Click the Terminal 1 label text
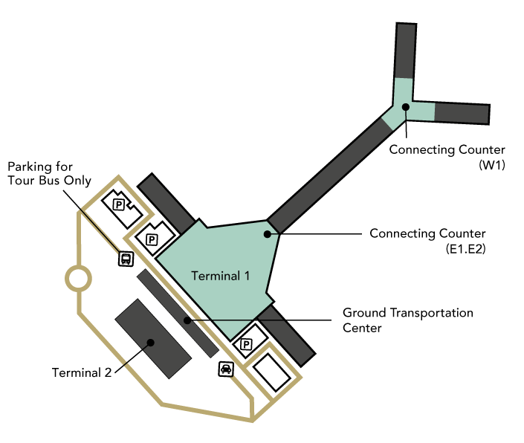pos(221,276)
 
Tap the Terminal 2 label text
pos(82,372)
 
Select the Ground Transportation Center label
pos(407,320)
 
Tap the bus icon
pos(126,259)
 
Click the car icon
pos(225,369)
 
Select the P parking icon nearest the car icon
pos(245,344)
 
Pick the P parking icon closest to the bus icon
pos(152,239)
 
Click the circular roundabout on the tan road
pos(78,279)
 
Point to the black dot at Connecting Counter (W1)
pos(406,107)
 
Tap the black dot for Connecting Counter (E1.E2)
pos(267,234)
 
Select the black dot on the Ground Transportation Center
pos(187,320)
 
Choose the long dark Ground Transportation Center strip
pos(177,312)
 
